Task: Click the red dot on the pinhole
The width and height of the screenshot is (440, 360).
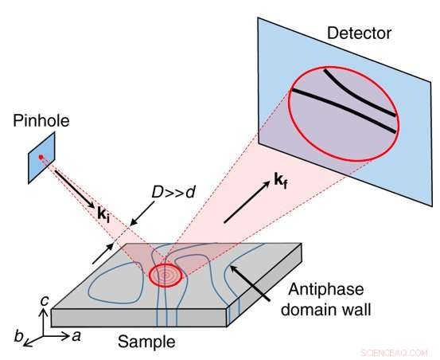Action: click(41, 158)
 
